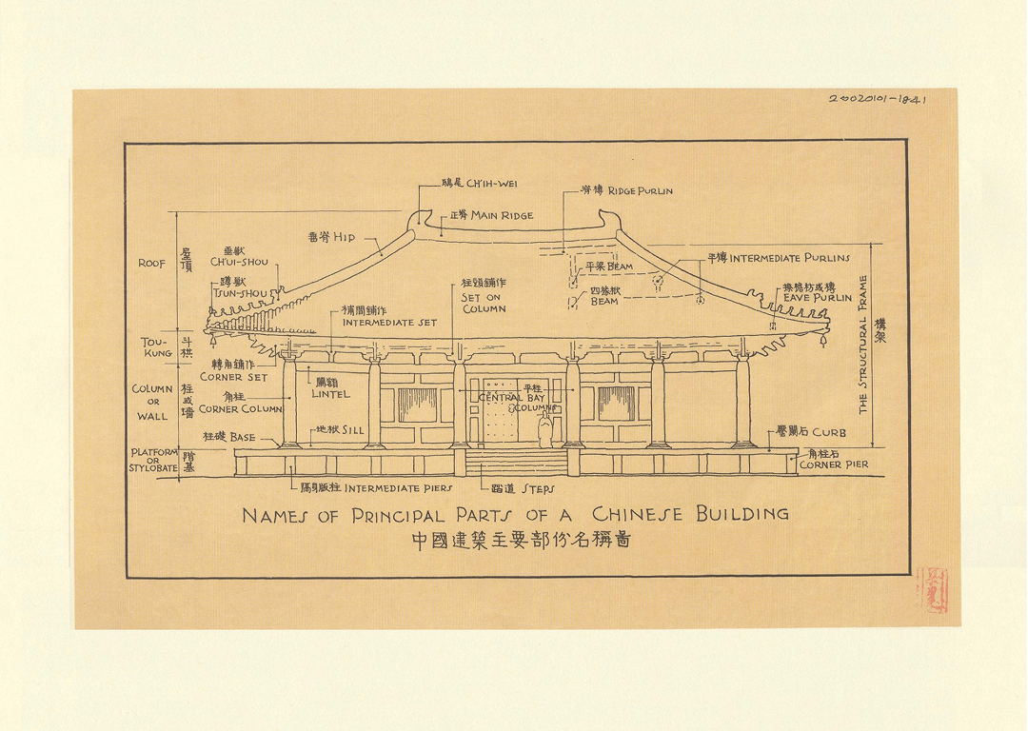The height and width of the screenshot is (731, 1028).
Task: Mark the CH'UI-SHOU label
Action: (245, 262)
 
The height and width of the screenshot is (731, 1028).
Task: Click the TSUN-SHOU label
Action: (245, 293)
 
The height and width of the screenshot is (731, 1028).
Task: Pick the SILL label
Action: (351, 430)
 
